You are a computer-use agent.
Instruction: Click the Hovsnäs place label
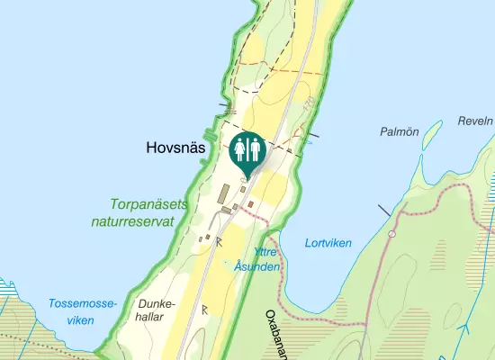click(x=176, y=148)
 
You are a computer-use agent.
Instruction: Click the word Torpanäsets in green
click(x=149, y=204)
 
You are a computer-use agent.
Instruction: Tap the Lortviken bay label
click(x=328, y=243)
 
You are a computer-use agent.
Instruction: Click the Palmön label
click(x=400, y=131)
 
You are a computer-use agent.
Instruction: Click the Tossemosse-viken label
click(x=83, y=311)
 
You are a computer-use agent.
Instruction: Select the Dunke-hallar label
click(x=154, y=311)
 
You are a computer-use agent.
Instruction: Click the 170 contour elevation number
click(x=311, y=105)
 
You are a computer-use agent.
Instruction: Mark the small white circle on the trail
click(x=391, y=234)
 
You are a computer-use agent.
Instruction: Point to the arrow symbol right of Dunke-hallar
click(x=204, y=309)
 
